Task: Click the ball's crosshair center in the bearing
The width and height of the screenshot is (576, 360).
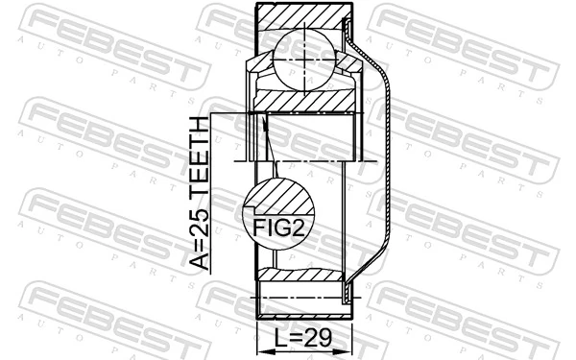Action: tap(304, 59)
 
